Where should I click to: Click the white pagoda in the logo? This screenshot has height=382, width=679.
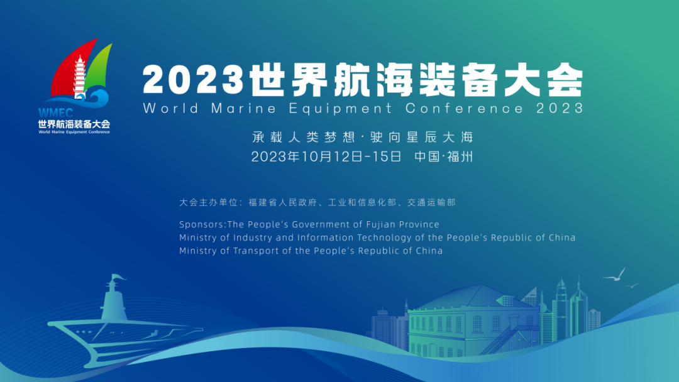79,77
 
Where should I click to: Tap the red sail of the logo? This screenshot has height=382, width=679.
72,69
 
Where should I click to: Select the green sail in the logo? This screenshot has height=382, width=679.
99,67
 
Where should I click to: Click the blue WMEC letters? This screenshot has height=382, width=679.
55,113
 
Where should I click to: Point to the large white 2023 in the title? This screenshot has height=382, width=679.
193,80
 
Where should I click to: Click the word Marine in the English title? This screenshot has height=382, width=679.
243,108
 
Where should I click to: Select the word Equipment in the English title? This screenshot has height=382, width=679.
340,109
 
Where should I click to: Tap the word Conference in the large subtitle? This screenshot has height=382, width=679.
464,108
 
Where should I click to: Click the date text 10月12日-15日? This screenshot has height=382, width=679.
351,156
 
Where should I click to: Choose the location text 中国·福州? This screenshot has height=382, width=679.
443,156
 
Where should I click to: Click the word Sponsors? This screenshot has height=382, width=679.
202,224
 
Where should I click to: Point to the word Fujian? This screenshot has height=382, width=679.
380,224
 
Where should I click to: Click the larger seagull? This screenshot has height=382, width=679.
615,275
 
